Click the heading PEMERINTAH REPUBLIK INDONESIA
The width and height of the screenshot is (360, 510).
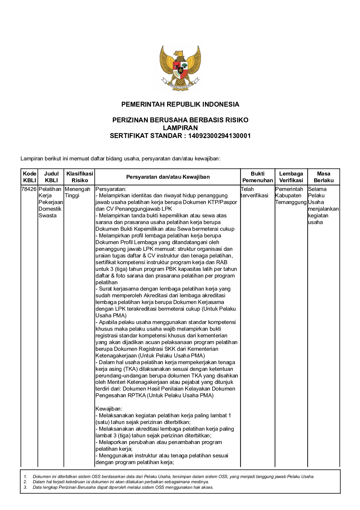180,104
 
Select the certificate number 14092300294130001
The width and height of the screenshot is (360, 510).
219,136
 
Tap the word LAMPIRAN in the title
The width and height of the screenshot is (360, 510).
180,128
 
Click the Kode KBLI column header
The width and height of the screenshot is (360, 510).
29,177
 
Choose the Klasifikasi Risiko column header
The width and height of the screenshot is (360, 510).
80,177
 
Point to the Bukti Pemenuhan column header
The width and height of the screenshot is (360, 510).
258,177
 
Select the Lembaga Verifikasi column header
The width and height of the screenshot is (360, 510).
291,177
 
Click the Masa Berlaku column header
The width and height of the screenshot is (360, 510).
323,177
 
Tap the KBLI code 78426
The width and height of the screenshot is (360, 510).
29,189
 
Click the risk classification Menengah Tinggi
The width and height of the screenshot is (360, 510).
77,192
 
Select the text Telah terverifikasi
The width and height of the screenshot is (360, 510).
254,192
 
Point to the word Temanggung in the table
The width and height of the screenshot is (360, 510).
291,202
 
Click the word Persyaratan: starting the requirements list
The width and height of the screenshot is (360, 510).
111,189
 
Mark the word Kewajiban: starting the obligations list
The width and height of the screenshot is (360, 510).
109,409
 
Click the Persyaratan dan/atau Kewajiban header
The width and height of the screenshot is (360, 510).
168,177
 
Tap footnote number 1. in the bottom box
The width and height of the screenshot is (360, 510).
26,477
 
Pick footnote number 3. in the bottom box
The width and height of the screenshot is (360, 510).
26,487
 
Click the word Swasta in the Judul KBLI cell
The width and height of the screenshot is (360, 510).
48,216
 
